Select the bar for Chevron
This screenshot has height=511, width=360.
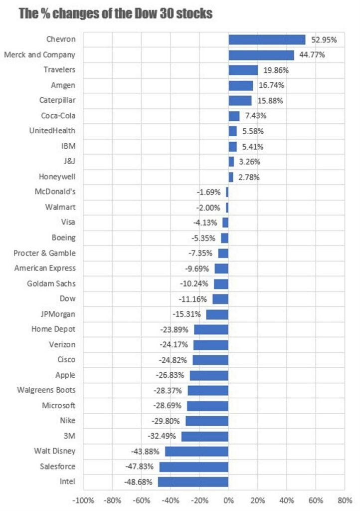[267, 40]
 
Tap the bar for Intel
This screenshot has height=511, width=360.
[193, 482]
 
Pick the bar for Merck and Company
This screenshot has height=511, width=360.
[261, 55]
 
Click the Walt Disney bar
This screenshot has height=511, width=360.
[196, 451]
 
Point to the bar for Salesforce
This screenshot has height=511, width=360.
[193, 467]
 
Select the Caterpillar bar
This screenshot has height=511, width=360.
[240, 101]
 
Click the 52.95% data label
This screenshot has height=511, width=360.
[324, 40]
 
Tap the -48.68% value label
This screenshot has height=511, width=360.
[139, 482]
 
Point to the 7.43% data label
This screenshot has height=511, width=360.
[254, 116]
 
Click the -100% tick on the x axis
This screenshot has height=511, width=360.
[83, 500]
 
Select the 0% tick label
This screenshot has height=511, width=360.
[228, 500]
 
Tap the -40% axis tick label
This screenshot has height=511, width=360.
[171, 500]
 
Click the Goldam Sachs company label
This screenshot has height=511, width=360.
[51, 284]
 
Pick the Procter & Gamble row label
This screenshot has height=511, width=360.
[45, 253]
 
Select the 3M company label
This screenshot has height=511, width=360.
[69, 436]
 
